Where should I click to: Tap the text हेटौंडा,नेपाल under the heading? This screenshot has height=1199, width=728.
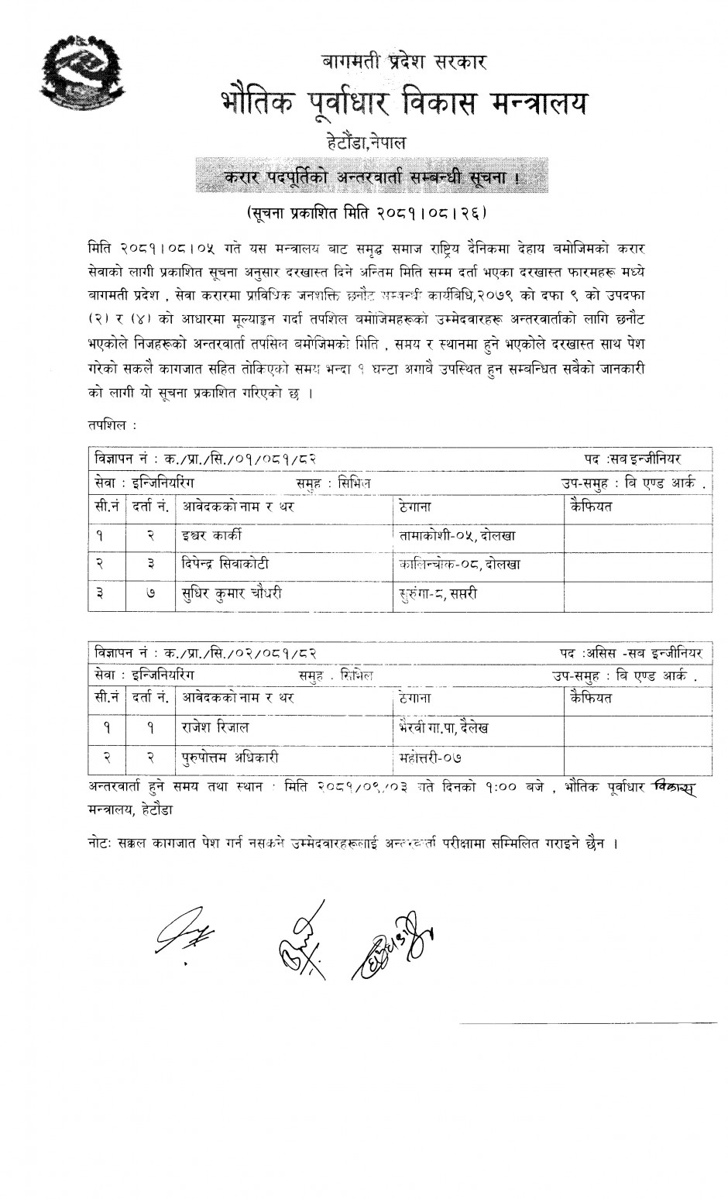(x=366, y=143)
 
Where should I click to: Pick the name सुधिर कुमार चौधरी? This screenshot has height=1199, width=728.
(x=232, y=594)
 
